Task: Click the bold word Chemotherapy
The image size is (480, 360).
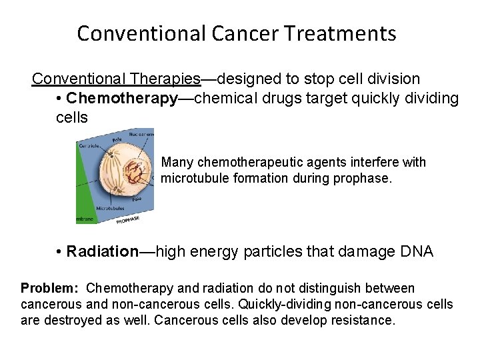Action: click(x=122, y=99)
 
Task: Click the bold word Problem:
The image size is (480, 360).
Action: click(x=49, y=288)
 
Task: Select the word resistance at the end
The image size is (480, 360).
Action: click(x=365, y=320)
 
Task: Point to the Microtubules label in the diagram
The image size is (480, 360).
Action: click(x=109, y=208)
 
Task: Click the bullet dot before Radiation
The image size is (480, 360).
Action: click(x=59, y=252)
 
